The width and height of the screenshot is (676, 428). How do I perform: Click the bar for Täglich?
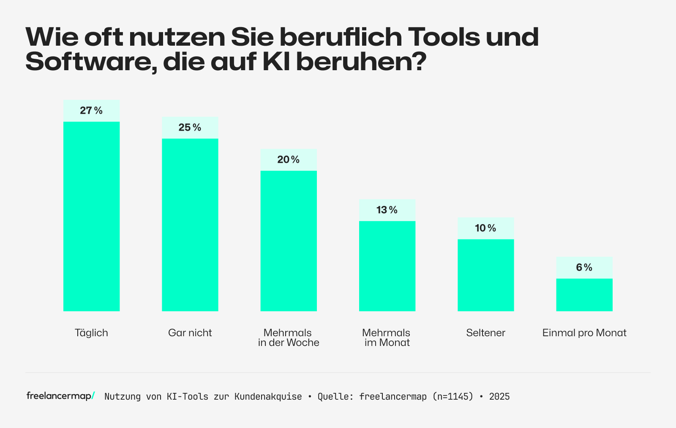(x=91, y=216)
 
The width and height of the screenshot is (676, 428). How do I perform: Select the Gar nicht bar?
(x=190, y=225)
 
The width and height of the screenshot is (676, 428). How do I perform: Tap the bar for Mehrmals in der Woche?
(x=289, y=241)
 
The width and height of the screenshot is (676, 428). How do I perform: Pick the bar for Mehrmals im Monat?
(x=387, y=266)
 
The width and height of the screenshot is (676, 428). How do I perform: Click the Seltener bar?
(x=486, y=275)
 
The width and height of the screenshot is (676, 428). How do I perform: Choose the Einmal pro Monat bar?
(x=584, y=295)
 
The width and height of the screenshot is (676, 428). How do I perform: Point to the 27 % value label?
(x=91, y=111)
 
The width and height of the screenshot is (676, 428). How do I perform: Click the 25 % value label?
(x=190, y=128)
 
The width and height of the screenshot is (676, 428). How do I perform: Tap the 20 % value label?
(x=289, y=160)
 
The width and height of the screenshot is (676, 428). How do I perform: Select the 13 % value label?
(x=387, y=210)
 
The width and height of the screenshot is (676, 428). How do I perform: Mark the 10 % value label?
(x=486, y=228)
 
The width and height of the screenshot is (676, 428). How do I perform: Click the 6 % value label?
(x=584, y=268)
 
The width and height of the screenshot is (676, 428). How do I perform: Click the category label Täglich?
(x=91, y=333)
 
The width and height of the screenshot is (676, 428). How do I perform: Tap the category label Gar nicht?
(x=190, y=333)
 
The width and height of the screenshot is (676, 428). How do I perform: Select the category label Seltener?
(x=486, y=333)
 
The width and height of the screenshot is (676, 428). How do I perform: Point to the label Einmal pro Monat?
(x=584, y=333)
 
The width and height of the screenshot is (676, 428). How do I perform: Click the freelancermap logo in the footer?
(x=60, y=396)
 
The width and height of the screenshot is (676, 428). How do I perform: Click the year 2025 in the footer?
(x=499, y=397)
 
